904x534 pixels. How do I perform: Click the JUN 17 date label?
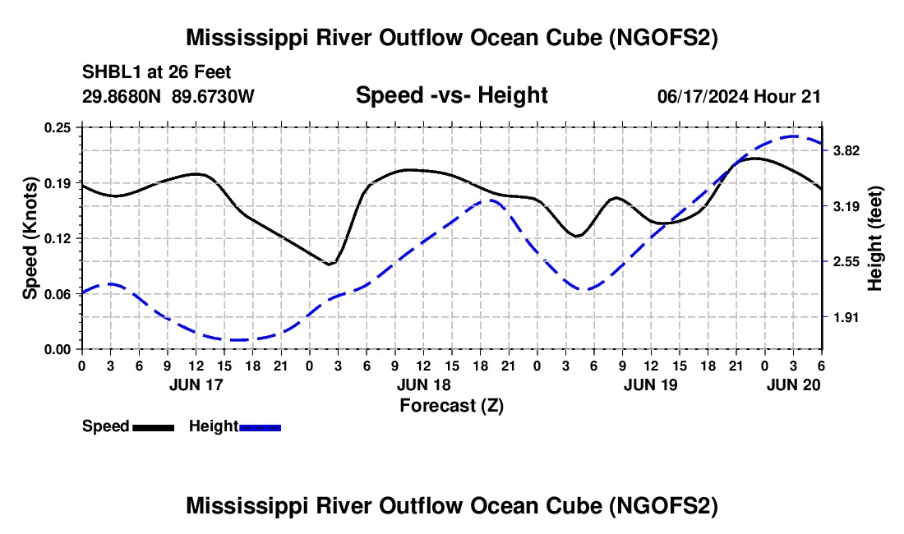[196, 384]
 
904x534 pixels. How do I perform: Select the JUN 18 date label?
[424, 384]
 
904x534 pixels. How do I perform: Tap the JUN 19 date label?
[651, 384]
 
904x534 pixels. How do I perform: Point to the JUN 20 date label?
[793, 384]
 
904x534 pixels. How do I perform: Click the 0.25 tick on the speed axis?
[58, 128]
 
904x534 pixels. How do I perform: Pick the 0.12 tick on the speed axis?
[58, 238]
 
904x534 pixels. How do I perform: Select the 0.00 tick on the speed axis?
[58, 350]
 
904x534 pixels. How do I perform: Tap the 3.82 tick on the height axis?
[846, 151]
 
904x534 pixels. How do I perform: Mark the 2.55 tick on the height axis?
[846, 262]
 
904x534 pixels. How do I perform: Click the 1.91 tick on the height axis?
[846, 317]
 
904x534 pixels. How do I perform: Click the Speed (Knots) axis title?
[30, 238]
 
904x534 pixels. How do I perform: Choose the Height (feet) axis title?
[874, 238]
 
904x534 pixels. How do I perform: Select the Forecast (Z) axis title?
[451, 406]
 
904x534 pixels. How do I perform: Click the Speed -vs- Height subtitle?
[451, 95]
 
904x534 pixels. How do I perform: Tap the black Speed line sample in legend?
[154, 427]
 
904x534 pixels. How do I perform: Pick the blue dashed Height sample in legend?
[260, 427]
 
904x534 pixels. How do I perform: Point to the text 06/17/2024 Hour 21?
[739, 97]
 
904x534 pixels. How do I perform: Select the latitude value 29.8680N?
[122, 96]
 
